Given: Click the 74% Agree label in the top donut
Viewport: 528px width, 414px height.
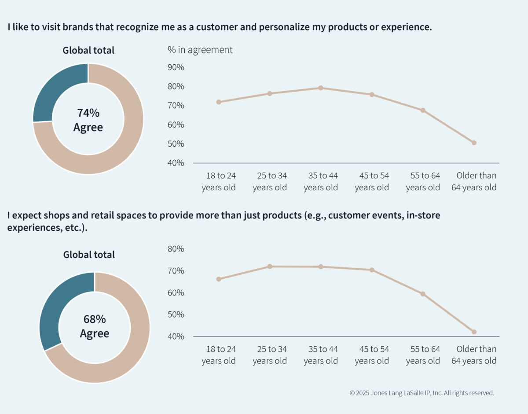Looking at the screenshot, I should point(88,120).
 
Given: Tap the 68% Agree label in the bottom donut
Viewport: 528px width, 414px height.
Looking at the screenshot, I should point(95,326).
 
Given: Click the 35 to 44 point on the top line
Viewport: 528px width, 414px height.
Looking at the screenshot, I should point(321,88).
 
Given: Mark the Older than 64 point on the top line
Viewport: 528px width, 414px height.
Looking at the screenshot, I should point(474,143).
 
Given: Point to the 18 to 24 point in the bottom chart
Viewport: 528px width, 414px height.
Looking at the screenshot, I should point(219,279).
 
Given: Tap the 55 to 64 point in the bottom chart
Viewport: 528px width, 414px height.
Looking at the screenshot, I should point(423,294).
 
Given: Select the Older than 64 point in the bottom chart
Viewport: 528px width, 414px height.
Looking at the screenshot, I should point(474,332).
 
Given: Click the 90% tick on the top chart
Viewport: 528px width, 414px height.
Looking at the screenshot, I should point(176,67).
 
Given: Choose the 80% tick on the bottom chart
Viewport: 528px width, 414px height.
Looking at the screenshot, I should point(176,249).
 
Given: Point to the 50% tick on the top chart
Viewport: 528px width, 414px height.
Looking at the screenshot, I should point(176,144).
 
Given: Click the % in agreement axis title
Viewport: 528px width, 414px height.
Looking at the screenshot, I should point(200,50).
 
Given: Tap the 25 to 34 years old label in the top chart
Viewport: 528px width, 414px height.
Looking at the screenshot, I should point(270,181).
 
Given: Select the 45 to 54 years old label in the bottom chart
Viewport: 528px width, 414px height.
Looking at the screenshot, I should point(372,355).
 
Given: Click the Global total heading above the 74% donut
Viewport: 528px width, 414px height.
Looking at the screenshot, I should point(88,50).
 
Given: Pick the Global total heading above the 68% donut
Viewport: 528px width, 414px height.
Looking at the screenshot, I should point(89,255).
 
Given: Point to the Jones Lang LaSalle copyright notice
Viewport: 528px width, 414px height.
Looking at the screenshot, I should point(422,392).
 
